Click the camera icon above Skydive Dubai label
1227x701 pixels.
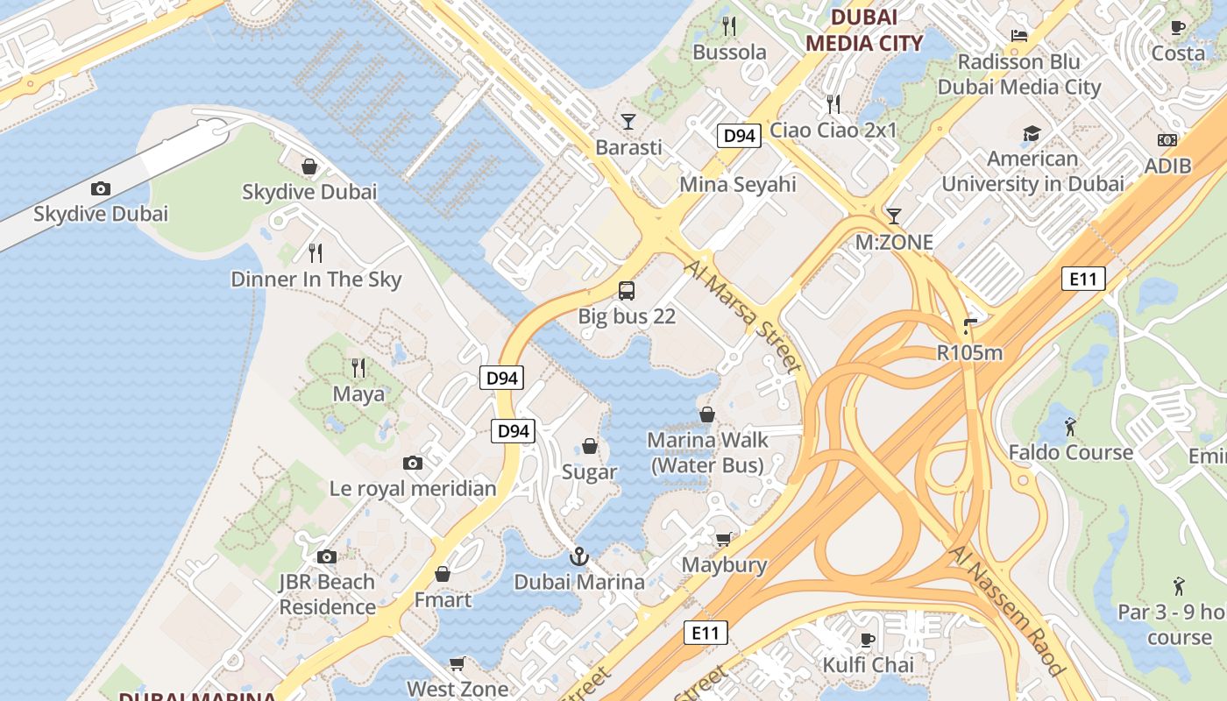(101, 188)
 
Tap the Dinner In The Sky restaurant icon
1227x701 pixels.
(316, 253)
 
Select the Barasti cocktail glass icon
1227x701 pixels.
(628, 121)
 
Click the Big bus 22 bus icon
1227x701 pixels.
(627, 290)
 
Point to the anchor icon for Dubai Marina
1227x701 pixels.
(578, 556)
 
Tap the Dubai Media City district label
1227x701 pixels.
(864, 31)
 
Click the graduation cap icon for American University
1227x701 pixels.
(1032, 134)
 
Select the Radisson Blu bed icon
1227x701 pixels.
(1018, 36)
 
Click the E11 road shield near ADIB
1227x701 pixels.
(1083, 280)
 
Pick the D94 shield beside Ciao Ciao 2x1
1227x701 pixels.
(738, 136)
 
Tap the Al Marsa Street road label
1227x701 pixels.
(743, 315)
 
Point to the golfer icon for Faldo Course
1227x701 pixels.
(1070, 427)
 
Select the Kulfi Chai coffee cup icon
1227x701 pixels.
(868, 639)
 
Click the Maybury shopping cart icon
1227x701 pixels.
(723, 539)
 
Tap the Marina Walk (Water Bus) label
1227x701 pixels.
(707, 452)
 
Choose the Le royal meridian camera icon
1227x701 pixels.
(413, 463)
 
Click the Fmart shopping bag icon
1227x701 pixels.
(443, 574)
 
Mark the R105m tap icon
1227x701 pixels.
(968, 327)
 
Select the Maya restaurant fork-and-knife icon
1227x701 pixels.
(358, 367)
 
